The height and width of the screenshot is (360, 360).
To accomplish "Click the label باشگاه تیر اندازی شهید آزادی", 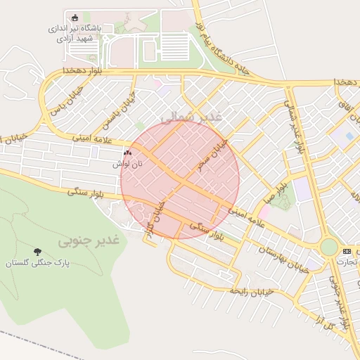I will point(75,33).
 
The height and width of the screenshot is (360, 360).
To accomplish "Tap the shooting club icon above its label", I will point(75,18).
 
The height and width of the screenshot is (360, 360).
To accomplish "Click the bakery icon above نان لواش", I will point(127,153).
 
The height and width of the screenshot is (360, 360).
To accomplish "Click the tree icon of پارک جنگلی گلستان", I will point(37,252).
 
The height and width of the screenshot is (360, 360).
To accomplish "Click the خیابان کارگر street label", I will point(157,219).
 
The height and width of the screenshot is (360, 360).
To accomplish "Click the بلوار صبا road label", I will point(275,191).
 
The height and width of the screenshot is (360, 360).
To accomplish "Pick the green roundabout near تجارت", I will point(328,247).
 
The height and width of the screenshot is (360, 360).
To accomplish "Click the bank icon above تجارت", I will point(347,251).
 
